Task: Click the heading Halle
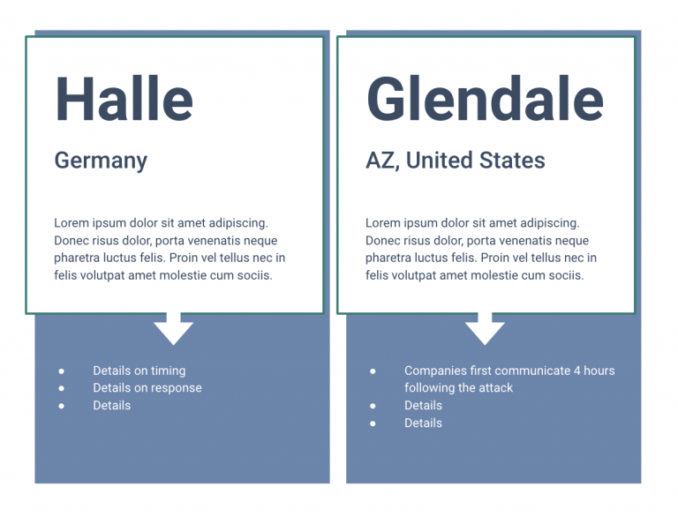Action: tap(124, 99)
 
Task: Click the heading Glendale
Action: tap(485, 99)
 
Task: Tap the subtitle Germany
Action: tap(101, 161)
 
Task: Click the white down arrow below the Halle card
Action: tap(173, 328)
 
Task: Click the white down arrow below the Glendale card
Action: tap(485, 328)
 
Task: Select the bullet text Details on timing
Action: tap(139, 371)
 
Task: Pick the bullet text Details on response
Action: tap(147, 388)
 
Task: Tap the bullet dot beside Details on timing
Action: tap(62, 371)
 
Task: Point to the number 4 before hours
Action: tap(576, 371)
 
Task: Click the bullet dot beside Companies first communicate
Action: tap(373, 371)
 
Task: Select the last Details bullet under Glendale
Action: tap(424, 423)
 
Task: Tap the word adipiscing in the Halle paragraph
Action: tap(238, 223)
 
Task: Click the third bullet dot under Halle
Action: tap(62, 406)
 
